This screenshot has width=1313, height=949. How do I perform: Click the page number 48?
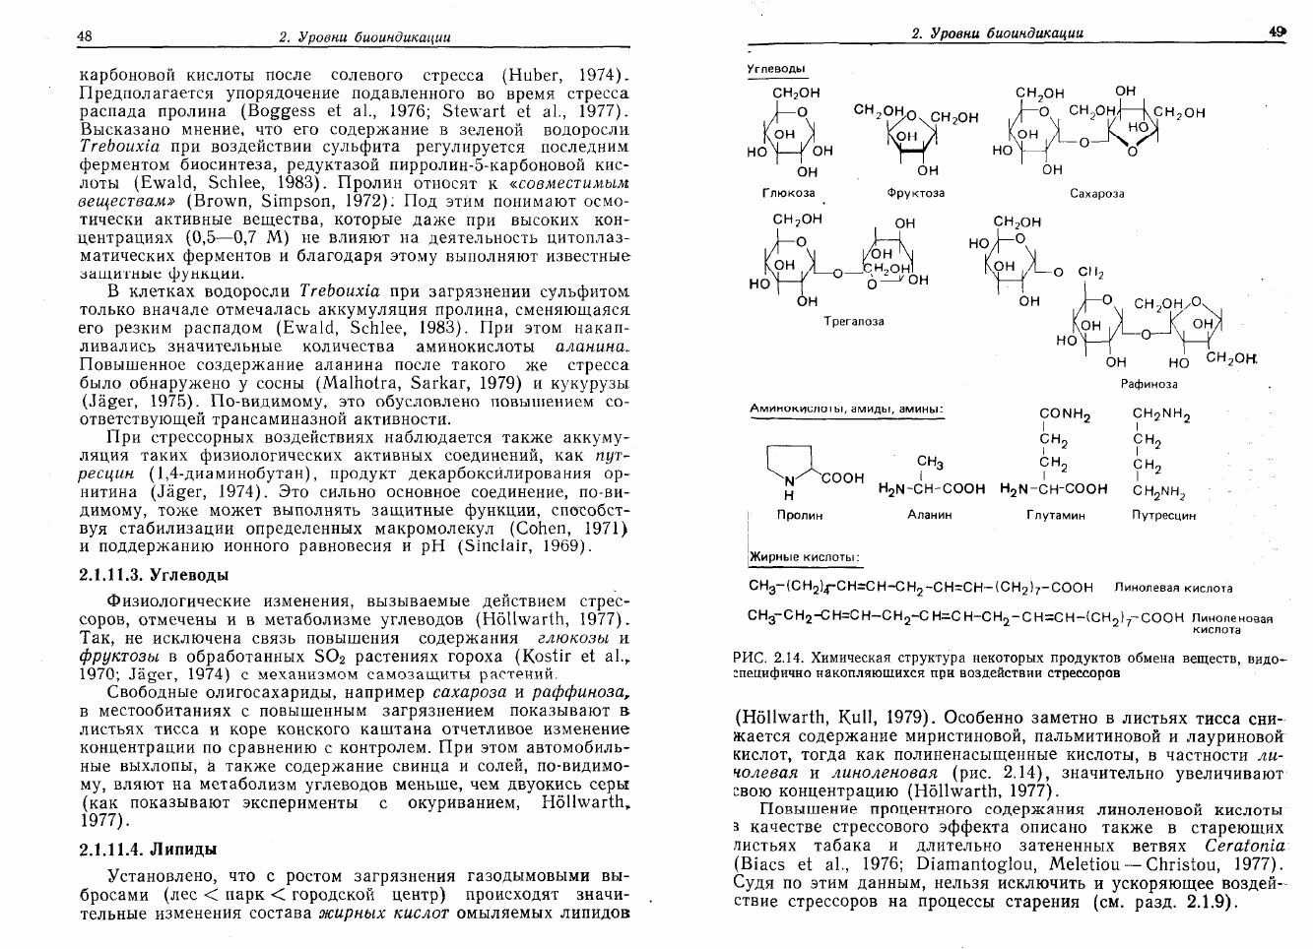point(85,36)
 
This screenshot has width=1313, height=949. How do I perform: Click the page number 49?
point(1279,32)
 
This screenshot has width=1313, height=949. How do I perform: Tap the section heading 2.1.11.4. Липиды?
point(147,849)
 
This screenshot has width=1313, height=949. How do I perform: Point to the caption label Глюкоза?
point(789,193)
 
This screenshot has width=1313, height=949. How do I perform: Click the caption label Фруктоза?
point(915,193)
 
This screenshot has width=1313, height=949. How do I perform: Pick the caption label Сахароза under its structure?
point(1096,194)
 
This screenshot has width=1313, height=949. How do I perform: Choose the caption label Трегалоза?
point(853,321)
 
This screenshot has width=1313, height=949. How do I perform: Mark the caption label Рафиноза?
point(1149,384)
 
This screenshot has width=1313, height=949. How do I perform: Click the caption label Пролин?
point(799,515)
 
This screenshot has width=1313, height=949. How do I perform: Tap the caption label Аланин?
point(931,515)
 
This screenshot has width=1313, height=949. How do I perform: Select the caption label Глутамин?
point(1055,515)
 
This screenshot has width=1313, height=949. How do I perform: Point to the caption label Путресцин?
point(1163,515)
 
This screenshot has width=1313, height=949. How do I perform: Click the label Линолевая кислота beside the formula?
point(1173,589)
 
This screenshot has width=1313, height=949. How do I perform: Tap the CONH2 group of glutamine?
point(1065,416)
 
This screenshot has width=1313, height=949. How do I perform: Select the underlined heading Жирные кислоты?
point(805,558)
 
